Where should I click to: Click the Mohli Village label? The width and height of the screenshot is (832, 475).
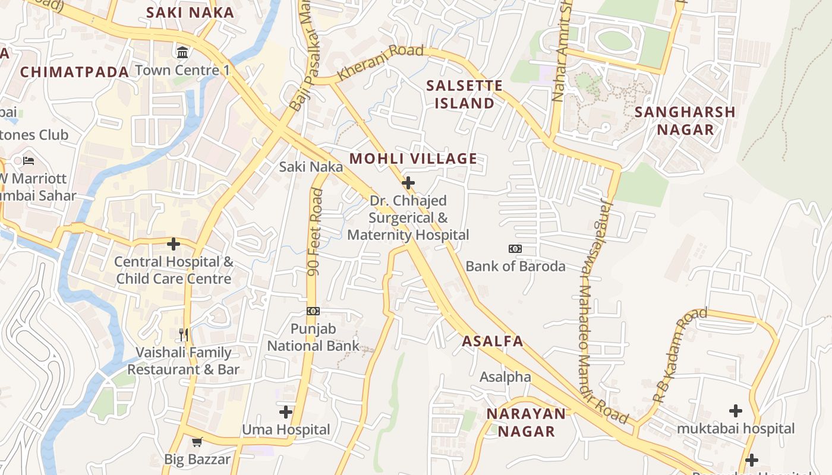(x=413, y=159)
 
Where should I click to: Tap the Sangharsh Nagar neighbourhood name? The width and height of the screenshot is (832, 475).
(x=685, y=121)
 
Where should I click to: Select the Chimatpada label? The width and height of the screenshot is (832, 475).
(x=74, y=72)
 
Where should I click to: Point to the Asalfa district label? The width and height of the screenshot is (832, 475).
(x=493, y=341)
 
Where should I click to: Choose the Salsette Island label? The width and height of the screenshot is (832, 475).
(x=464, y=94)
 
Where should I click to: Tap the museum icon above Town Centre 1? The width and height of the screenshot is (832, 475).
(x=182, y=52)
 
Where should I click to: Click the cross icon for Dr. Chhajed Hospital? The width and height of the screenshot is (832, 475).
(x=408, y=183)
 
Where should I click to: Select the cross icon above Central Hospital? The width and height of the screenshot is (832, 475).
(x=174, y=243)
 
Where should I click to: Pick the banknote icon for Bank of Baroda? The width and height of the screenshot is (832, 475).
(x=515, y=249)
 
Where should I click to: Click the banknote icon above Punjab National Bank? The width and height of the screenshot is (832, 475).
(x=313, y=311)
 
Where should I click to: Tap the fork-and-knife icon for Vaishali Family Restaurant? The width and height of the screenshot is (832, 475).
(x=184, y=335)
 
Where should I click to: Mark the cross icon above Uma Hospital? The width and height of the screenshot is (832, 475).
(x=286, y=411)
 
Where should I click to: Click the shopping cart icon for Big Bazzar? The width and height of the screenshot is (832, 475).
(x=197, y=442)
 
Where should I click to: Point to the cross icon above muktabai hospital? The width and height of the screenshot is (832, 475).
(x=736, y=410)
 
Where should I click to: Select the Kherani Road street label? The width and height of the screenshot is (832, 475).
(x=380, y=62)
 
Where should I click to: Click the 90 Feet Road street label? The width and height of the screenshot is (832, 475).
(x=316, y=232)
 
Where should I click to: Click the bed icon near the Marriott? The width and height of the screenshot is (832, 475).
(x=28, y=160)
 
